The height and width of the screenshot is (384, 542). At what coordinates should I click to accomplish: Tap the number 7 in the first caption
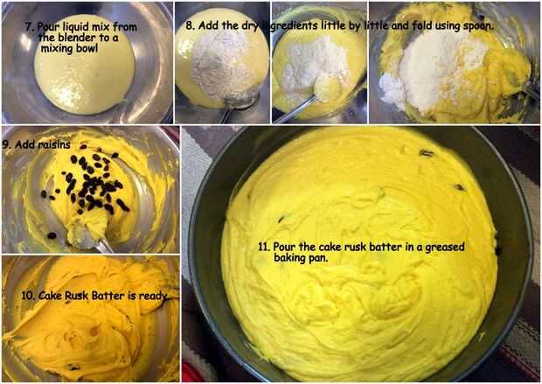(28, 27)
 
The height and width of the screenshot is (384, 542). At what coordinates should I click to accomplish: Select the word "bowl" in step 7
(87, 48)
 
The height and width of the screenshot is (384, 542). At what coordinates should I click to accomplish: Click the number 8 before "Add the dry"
(189, 25)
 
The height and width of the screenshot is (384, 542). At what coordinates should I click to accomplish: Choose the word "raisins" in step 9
(54, 144)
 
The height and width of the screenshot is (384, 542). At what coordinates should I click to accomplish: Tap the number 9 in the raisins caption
(6, 144)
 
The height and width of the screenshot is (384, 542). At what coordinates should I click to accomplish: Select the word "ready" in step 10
(153, 297)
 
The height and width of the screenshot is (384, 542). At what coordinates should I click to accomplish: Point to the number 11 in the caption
(263, 247)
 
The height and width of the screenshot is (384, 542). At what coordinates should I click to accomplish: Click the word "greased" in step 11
(444, 248)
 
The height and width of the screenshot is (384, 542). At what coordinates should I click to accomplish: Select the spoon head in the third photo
(326, 91)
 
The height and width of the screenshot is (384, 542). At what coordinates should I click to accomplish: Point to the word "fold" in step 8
(421, 25)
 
